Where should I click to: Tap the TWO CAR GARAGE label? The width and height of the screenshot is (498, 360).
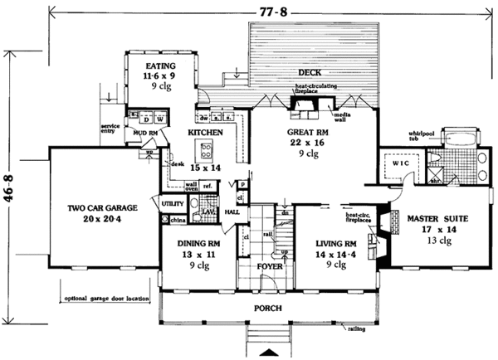101,211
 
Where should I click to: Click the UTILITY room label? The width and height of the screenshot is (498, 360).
172,202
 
